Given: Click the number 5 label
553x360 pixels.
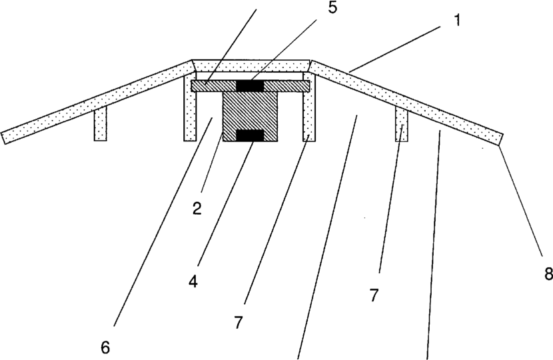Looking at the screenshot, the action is pyautogui.click(x=332, y=8).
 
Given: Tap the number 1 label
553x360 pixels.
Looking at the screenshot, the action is pyautogui.click(x=457, y=21).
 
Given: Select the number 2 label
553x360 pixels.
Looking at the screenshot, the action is pyautogui.click(x=197, y=209).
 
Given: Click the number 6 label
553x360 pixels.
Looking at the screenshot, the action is pyautogui.click(x=105, y=348).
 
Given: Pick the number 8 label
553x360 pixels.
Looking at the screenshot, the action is pyautogui.click(x=548, y=274).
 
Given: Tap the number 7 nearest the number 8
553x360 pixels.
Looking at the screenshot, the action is pyautogui.click(x=374, y=295).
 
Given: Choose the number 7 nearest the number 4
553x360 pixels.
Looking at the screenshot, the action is pyautogui.click(x=239, y=322).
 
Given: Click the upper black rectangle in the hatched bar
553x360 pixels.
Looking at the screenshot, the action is pyautogui.click(x=250, y=86).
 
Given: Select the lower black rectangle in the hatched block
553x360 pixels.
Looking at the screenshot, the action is pyautogui.click(x=250, y=135).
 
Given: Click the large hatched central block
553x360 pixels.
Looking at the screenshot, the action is pyautogui.click(x=250, y=117).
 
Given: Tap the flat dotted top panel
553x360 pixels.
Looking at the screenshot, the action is pyautogui.click(x=251, y=65).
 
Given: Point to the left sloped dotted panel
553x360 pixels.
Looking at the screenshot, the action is pyautogui.click(x=98, y=102).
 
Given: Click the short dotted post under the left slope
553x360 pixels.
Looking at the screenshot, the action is pyautogui.click(x=100, y=124).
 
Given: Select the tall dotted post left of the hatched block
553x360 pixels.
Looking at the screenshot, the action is pyautogui.click(x=190, y=107).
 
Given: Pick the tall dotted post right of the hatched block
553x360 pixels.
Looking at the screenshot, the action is pyautogui.click(x=309, y=107).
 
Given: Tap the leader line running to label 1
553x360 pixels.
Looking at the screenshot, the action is pyautogui.click(x=395, y=50).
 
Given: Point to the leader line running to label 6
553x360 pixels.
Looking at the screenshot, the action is pyautogui.click(x=163, y=222).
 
